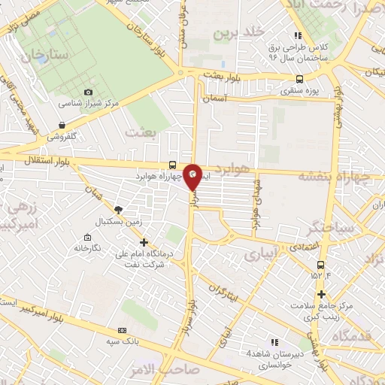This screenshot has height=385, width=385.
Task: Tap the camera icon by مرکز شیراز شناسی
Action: pyautogui.click(x=88, y=92)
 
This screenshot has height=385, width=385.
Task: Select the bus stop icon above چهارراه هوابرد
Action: pyautogui.click(x=174, y=165)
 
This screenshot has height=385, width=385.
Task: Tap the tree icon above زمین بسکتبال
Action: pyautogui.click(x=117, y=209)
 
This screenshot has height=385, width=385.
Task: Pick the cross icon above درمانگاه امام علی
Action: pyautogui.click(x=144, y=241)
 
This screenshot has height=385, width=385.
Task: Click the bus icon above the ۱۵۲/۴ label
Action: pyautogui.click(x=321, y=265)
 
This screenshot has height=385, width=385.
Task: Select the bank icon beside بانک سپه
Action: pyautogui.click(x=123, y=330)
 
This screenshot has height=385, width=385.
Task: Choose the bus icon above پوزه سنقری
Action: pyautogui.click(x=300, y=79)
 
